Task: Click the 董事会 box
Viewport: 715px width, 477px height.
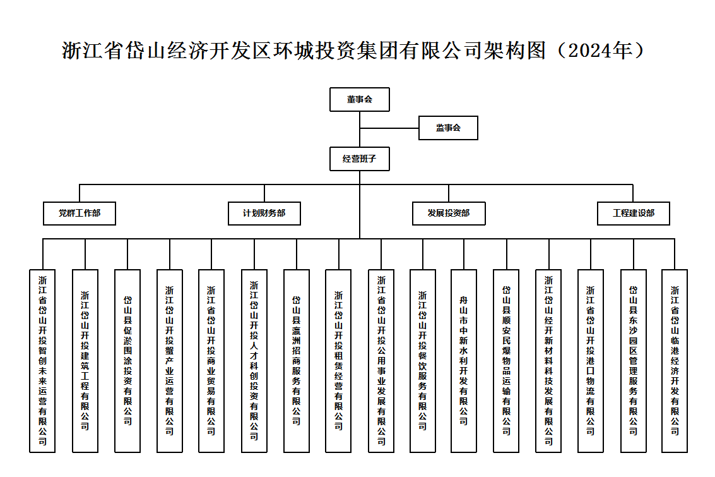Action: click(359, 100)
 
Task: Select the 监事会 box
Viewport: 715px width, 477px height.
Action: click(448, 128)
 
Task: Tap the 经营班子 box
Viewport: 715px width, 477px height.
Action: click(359, 159)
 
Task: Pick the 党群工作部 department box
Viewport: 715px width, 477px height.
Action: click(80, 214)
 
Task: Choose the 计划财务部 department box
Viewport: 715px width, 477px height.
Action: click(264, 214)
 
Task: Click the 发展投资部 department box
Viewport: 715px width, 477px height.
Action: click(449, 214)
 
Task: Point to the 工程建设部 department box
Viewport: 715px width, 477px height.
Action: click(634, 214)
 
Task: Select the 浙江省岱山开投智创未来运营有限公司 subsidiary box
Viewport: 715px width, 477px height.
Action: click(42, 361)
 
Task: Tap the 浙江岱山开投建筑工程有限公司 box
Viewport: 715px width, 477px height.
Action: click(85, 361)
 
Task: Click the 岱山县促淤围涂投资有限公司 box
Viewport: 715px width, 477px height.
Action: click(127, 361)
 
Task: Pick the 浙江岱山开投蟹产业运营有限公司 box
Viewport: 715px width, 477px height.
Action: click(170, 361)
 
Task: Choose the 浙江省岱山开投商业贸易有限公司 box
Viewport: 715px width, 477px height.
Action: click(211, 361)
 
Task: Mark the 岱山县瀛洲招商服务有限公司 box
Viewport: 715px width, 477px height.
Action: click(297, 361)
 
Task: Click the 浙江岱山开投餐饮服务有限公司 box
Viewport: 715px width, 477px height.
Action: click(423, 361)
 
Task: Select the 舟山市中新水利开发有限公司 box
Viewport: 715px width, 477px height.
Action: click(464, 361)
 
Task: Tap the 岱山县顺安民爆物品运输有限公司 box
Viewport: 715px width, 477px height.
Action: click(506, 361)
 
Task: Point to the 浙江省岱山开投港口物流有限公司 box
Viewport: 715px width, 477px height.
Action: click(591, 361)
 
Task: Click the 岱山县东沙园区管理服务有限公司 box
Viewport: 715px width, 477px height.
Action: click(634, 361)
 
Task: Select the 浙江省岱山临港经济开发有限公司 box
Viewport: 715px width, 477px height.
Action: click(675, 361)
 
